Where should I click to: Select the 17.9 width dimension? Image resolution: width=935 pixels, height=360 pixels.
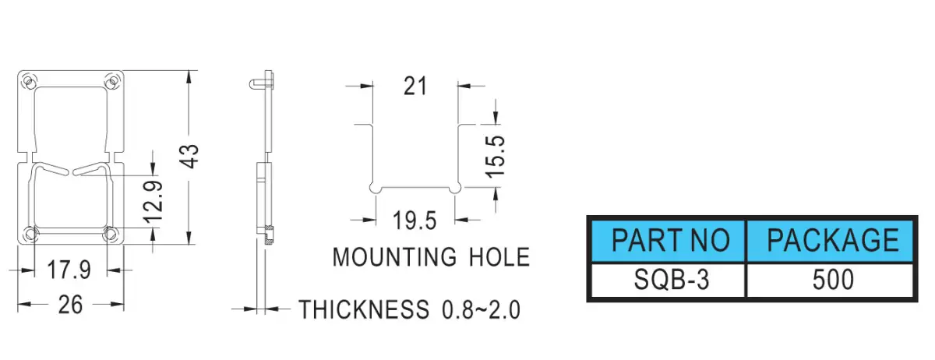tap(69, 270)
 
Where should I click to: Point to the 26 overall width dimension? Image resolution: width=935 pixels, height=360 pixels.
tap(71, 305)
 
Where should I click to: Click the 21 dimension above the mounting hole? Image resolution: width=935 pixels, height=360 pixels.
tap(415, 86)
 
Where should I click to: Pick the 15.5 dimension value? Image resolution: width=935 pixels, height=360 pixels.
tap(495, 156)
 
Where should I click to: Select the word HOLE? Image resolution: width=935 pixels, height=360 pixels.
tap(499, 257)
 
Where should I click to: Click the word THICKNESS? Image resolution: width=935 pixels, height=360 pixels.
tap(364, 309)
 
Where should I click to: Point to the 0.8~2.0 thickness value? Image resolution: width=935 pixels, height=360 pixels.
tap(481, 310)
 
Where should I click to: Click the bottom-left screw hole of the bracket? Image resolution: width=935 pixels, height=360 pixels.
tap(30, 234)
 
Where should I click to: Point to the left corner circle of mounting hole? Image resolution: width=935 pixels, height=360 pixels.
tap(375, 188)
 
